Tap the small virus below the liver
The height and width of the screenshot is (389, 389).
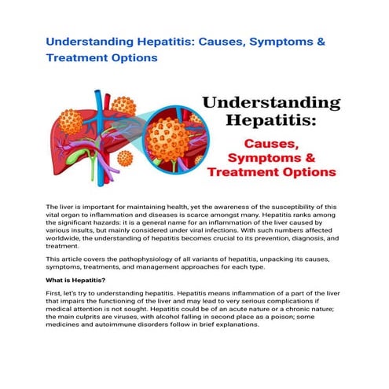[x=124, y=157]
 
